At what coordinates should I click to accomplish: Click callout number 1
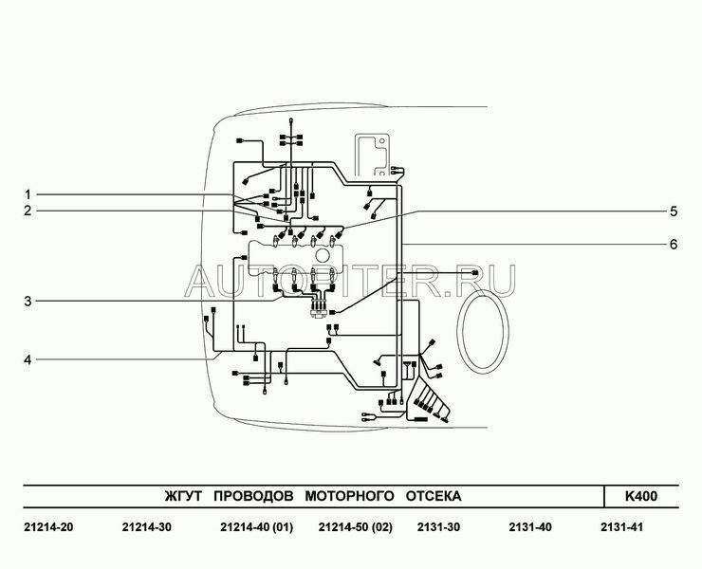pyautogui.click(x=28, y=194)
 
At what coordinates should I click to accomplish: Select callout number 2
pyautogui.click(x=28, y=211)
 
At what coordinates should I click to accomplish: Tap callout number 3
pyautogui.click(x=28, y=302)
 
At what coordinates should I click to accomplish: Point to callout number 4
pyautogui.click(x=28, y=359)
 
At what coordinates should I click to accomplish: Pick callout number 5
pyautogui.click(x=674, y=211)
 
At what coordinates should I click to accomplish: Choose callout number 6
pyautogui.click(x=674, y=245)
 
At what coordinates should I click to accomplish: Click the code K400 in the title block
pyautogui.click(x=641, y=496)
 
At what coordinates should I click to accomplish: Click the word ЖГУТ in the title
pyautogui.click(x=183, y=496)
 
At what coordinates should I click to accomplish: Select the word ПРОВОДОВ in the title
pyautogui.click(x=253, y=496)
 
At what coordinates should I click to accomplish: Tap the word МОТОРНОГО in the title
pyautogui.click(x=350, y=496)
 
